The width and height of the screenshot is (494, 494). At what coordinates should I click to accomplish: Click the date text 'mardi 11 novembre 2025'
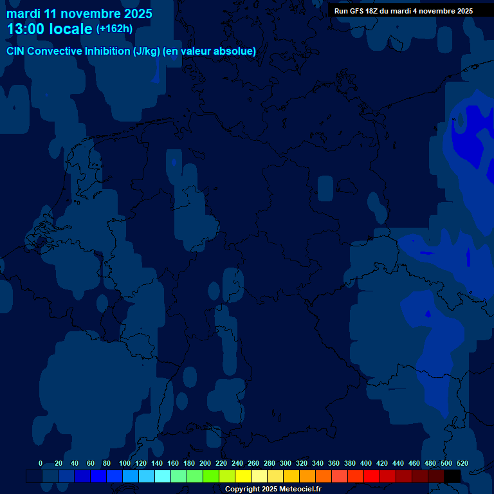point(79,14)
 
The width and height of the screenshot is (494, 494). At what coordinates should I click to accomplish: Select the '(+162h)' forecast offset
point(114,28)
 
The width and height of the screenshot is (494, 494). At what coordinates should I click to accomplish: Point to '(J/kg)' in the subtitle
point(146,51)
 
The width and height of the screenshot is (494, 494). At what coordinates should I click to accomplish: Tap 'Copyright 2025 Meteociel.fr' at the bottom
point(273,489)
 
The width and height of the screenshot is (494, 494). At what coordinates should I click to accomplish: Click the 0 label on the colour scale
point(41,463)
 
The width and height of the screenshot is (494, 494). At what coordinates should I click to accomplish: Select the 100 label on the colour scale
point(125,463)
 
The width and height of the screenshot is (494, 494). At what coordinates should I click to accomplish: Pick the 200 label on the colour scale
point(205,463)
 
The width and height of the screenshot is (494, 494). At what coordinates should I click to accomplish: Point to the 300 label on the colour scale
point(286,463)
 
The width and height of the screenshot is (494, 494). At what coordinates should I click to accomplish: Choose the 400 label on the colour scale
point(366,463)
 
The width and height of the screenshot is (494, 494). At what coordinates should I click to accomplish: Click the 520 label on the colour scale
point(462,463)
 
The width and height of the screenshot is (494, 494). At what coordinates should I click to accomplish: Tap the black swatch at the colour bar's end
point(452,476)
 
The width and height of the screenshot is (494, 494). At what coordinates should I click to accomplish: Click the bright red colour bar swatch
point(372,476)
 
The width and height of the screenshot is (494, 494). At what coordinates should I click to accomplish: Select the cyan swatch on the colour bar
point(163,476)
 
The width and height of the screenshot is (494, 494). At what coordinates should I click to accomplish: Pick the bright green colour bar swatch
point(211,476)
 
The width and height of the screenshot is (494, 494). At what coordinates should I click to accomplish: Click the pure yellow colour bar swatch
point(243,476)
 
